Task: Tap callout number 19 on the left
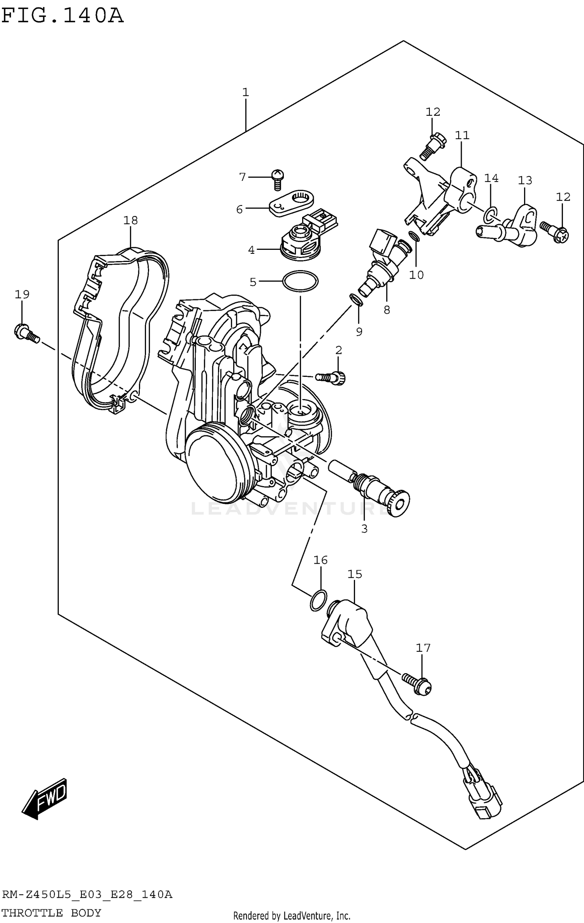(22, 294)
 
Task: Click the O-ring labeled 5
(300, 281)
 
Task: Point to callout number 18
(130, 221)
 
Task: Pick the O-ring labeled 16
(318, 600)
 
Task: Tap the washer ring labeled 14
(491, 213)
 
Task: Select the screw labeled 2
(331, 377)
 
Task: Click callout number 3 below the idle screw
(364, 529)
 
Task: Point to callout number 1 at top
(245, 93)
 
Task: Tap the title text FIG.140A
(62, 16)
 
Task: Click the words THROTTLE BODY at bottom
(51, 913)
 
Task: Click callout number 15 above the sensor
(355, 574)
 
